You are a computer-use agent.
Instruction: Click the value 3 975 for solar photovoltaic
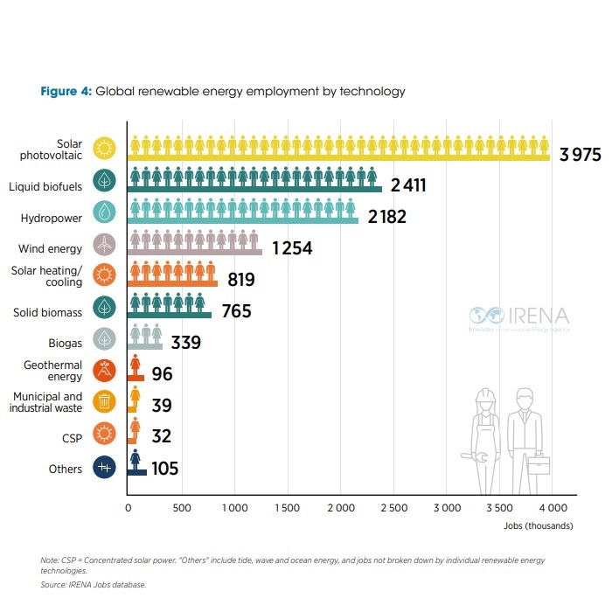581,155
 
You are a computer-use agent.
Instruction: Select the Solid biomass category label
48,312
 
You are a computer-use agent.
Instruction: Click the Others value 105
164,469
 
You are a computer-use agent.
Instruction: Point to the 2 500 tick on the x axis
393,507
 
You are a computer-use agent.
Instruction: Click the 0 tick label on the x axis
129,507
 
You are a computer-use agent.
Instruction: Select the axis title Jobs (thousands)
538,525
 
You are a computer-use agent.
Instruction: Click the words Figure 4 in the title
66,91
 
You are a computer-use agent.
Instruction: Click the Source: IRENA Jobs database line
93,584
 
